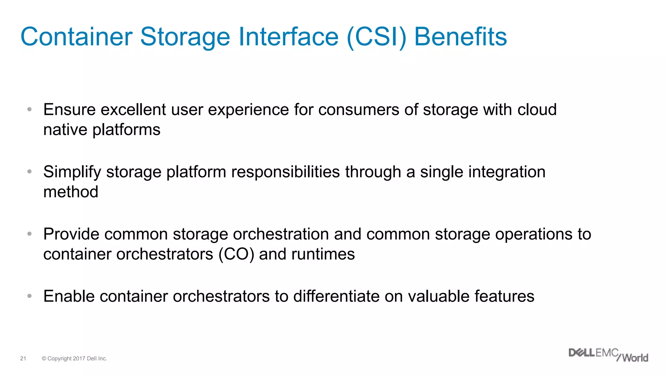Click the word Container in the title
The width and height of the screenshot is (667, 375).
coord(76,37)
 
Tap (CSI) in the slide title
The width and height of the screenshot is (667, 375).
coord(376,37)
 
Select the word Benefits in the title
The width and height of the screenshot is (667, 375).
coord(461,37)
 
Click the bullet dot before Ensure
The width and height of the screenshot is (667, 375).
coord(30,109)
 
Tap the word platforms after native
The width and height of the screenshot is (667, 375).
coord(126,130)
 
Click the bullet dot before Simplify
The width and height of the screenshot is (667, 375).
coord(30,172)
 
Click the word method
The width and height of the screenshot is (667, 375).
coord(71,192)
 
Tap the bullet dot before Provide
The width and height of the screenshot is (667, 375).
coord(30,234)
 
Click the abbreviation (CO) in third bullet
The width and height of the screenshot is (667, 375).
coord(236,254)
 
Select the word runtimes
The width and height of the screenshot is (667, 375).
coord(323,254)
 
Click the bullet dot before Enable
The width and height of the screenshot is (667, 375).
coord(30,296)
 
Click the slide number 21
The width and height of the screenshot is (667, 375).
coord(23,358)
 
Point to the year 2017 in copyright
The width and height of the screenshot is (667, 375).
coord(79,358)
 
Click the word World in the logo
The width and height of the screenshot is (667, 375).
coord(635,358)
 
